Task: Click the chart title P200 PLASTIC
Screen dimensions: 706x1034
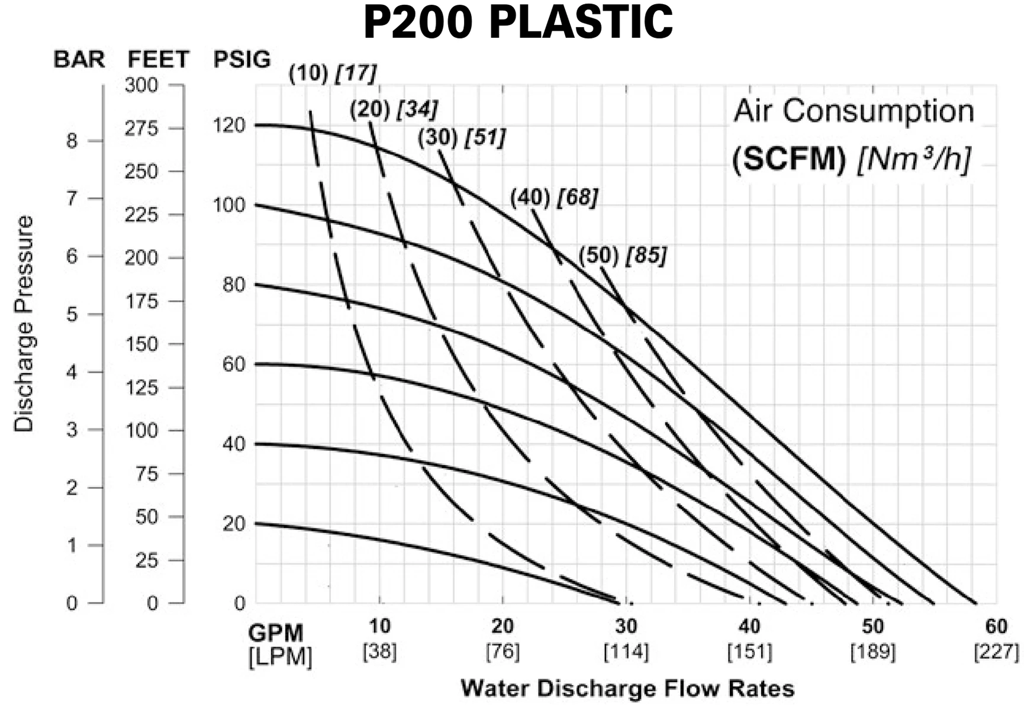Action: click(x=518, y=22)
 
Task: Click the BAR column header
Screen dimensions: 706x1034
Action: click(x=79, y=60)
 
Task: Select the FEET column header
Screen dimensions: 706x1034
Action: click(x=158, y=60)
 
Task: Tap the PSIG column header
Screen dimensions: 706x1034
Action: click(x=242, y=59)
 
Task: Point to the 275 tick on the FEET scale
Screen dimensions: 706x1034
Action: click(x=142, y=128)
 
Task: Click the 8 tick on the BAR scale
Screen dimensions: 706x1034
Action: click(x=72, y=141)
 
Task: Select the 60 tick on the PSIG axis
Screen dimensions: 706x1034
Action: click(x=233, y=365)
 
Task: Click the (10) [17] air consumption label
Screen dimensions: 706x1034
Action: click(x=333, y=73)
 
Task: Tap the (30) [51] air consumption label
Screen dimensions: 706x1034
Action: click(x=462, y=138)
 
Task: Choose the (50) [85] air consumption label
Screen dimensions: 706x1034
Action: click(x=623, y=256)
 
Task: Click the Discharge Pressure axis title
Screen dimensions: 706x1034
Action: click(x=24, y=324)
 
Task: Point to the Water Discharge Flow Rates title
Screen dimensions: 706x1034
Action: click(x=627, y=689)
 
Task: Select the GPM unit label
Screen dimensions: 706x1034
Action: click(x=276, y=633)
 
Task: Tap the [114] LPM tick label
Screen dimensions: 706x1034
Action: click(x=626, y=652)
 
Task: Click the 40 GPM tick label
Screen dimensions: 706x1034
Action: click(x=749, y=626)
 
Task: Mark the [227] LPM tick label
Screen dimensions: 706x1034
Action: click(x=996, y=652)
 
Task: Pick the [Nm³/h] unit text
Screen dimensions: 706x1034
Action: click(x=914, y=159)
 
